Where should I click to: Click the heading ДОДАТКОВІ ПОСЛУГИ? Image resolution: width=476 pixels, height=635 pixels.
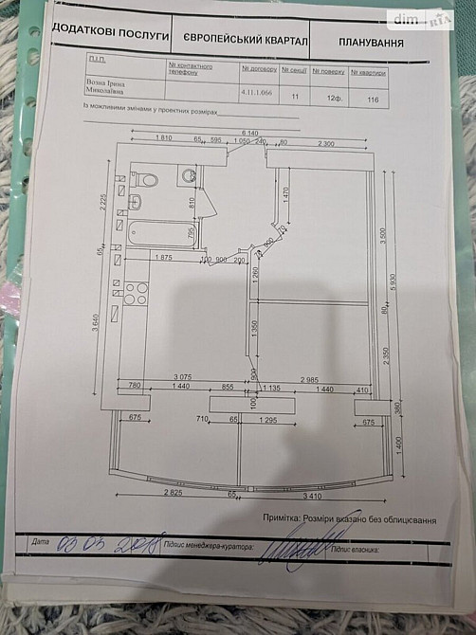tap(111, 34)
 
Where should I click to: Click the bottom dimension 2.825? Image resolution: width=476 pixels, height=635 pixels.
tap(172, 493)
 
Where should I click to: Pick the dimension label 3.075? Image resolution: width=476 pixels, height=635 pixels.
tap(181, 376)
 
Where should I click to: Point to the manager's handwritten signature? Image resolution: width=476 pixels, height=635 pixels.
tap(296, 548)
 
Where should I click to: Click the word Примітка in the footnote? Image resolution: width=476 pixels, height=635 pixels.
tap(283, 518)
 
